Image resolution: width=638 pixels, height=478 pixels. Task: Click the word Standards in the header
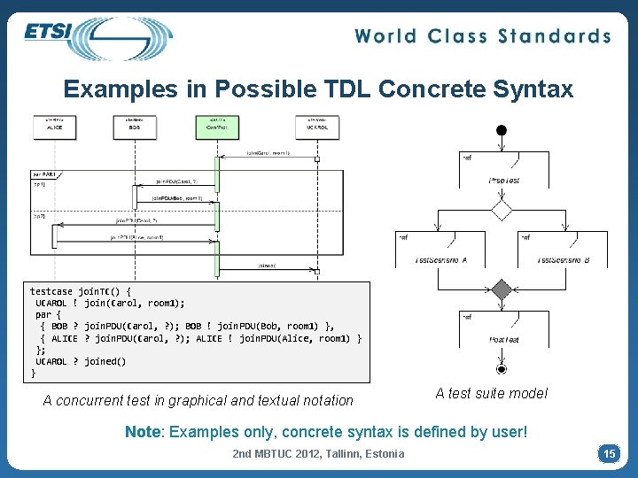point(554,36)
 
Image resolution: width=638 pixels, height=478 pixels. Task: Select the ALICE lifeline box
point(54,127)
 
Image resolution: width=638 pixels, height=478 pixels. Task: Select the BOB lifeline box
point(135,127)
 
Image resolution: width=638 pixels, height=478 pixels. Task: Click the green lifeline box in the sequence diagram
point(216,127)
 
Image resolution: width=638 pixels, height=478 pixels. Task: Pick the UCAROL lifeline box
point(316,127)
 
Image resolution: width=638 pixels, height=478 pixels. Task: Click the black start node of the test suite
point(502,130)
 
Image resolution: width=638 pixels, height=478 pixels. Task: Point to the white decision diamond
point(502,210)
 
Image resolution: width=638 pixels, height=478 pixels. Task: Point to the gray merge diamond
point(502,289)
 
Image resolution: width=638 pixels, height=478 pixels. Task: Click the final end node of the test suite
point(502,368)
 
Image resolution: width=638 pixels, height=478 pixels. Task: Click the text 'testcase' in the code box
point(51,291)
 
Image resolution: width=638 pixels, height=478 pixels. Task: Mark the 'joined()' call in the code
point(105,361)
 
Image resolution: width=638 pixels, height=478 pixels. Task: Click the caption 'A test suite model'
point(491,393)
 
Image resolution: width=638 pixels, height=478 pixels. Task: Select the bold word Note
point(143,432)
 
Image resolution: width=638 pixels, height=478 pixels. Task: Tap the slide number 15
point(609,453)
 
